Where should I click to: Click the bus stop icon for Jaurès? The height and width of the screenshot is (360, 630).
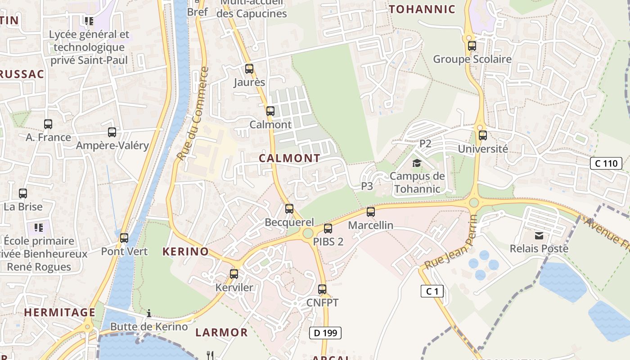click(249, 69)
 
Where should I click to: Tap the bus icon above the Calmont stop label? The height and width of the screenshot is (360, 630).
click(270, 111)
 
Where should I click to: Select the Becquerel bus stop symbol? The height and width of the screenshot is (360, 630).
click(289, 209)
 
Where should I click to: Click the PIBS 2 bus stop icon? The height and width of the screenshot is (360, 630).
click(328, 229)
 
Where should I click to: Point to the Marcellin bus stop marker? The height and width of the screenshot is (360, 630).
click(370, 212)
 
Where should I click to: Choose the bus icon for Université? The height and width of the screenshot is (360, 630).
click(483, 135)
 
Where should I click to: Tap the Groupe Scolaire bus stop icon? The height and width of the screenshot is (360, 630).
click(472, 46)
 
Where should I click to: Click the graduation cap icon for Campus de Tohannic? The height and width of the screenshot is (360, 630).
click(417, 163)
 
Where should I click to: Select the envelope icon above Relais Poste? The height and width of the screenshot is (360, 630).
click(539, 235)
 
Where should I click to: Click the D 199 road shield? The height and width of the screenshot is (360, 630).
click(325, 333)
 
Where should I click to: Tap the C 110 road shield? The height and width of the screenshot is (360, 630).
click(606, 163)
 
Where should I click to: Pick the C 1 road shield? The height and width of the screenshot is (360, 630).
click(432, 291)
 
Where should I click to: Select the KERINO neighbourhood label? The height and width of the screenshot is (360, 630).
click(185, 252)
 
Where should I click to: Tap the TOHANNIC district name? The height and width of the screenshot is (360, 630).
click(422, 9)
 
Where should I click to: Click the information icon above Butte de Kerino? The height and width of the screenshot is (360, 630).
click(149, 313)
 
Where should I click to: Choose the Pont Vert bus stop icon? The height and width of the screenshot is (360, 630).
click(124, 238)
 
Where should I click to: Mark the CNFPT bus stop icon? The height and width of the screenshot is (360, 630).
click(322, 289)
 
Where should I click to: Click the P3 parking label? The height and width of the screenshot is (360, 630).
click(367, 186)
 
